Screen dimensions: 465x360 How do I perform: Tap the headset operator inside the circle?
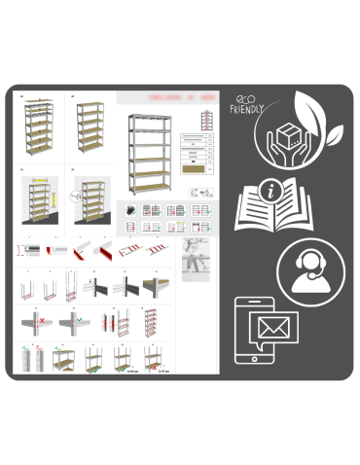click(x=306, y=269)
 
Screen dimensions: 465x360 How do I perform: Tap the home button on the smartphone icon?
click(x=253, y=361)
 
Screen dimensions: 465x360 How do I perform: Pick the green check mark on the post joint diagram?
click(x=74, y=320)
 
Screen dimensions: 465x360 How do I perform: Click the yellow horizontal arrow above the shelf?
click(x=40, y=181)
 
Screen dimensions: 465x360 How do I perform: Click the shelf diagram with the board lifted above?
click(x=61, y=360)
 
